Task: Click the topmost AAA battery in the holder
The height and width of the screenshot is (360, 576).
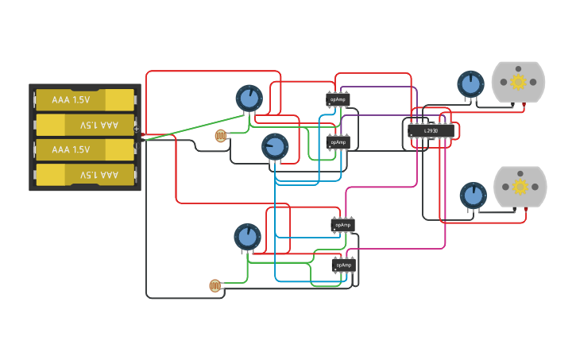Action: [x=84, y=100]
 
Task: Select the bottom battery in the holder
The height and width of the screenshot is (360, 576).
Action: [x=84, y=174]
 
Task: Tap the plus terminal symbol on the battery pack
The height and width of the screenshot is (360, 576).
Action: [x=137, y=128]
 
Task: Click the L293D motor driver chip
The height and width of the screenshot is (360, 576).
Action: [x=431, y=130]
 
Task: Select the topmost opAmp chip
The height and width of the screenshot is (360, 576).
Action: [x=338, y=99]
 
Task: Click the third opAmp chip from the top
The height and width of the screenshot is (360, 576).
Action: [x=342, y=225]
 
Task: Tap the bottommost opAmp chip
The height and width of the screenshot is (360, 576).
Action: [x=343, y=265]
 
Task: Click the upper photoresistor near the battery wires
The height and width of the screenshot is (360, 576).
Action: [x=221, y=136]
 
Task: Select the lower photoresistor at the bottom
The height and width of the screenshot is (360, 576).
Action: [x=215, y=285]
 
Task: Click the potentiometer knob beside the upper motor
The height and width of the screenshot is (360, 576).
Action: [x=470, y=83]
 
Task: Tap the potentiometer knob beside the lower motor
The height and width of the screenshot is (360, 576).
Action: [x=473, y=195]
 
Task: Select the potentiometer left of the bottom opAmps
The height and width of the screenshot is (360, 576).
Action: [x=247, y=237]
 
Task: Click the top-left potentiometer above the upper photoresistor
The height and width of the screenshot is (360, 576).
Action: [x=249, y=99]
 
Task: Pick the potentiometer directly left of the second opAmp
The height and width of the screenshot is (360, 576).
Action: [x=275, y=147]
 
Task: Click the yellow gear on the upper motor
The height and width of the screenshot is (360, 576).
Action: [x=518, y=82]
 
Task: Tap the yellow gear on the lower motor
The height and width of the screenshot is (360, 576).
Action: [x=520, y=187]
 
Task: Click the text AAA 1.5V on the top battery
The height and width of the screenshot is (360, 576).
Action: [x=72, y=100]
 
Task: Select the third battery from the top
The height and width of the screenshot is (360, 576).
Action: [x=84, y=149]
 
